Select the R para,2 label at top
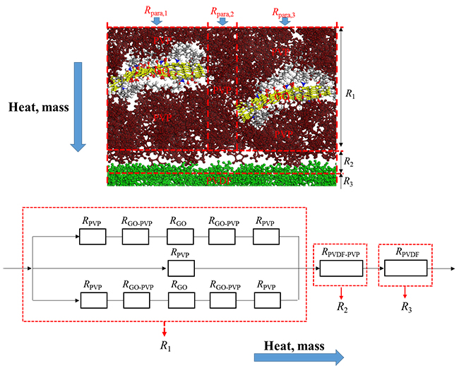tap(223, 11)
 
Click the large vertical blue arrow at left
tap(78, 106)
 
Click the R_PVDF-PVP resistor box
tap(340, 269)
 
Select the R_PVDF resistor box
tap(406, 269)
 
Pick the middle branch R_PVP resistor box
tap(180, 269)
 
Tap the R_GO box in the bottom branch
tap(181, 301)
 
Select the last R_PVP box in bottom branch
tap(268, 301)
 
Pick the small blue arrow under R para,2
tap(222, 22)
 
